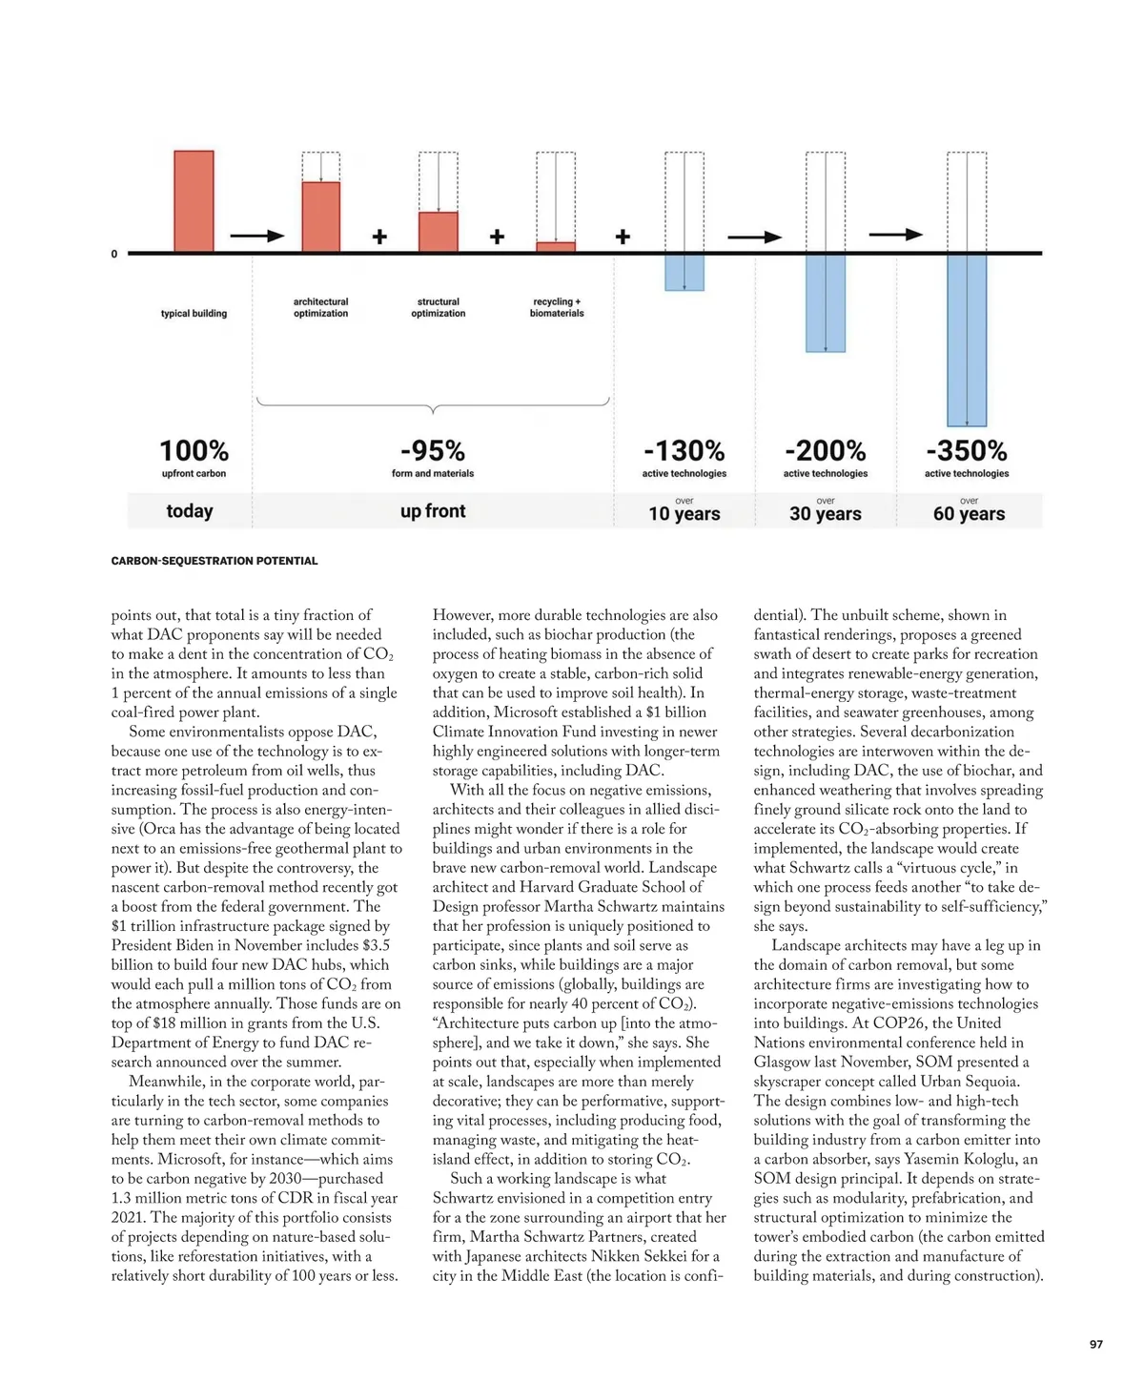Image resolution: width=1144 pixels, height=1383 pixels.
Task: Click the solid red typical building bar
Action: click(x=194, y=201)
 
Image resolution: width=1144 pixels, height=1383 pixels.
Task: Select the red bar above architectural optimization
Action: click(x=321, y=217)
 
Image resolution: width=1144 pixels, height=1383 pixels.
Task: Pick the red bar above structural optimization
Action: click(x=439, y=232)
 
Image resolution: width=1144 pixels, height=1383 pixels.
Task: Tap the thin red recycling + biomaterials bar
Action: click(x=556, y=247)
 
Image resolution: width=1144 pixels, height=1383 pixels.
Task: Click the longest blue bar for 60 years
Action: click(x=967, y=340)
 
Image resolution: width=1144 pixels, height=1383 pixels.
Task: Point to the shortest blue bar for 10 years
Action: click(x=684, y=272)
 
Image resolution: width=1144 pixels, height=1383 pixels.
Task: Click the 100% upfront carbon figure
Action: click(x=194, y=450)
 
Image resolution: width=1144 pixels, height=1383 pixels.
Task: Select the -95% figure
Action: click(x=433, y=450)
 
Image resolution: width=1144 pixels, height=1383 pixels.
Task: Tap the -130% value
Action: click(x=684, y=450)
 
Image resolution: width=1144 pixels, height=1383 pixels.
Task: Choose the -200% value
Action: click(x=826, y=450)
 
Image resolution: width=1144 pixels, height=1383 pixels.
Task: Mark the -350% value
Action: click(x=967, y=450)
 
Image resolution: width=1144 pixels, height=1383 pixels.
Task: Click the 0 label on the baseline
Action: click(x=114, y=254)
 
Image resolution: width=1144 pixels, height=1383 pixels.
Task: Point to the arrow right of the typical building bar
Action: click(x=257, y=236)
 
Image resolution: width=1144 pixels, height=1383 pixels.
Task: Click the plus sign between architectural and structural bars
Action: click(x=379, y=237)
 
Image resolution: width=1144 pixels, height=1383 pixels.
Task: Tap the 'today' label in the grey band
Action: click(x=190, y=511)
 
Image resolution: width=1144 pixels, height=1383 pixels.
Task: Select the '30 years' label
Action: click(x=826, y=514)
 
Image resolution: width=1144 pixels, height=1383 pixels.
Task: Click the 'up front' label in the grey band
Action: click(x=433, y=511)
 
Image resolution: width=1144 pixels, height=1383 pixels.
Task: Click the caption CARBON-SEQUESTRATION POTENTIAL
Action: click(x=214, y=561)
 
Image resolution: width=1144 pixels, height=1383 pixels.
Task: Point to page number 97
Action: click(x=1096, y=1344)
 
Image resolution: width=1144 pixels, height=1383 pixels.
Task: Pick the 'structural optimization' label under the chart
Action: click(x=439, y=307)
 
